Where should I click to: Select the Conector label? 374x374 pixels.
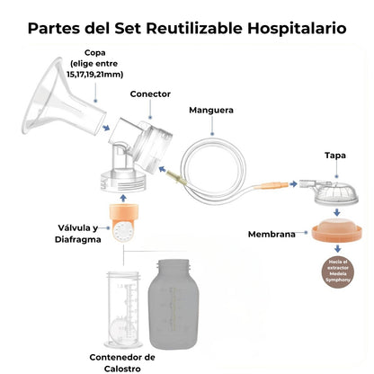(149, 93)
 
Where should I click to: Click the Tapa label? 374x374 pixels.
(334, 156)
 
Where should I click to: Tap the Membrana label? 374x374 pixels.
(272, 235)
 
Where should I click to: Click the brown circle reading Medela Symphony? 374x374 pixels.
(332, 269)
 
